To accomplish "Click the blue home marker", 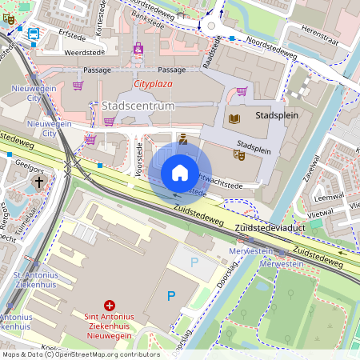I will pos(180,172).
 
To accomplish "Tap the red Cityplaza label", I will pos(154,83).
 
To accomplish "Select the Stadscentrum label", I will pos(138,106).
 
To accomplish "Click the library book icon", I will pos(234,119).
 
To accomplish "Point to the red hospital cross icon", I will pos(110,305).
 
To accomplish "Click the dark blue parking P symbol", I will pos(170,296).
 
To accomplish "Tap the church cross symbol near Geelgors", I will pos(38,182).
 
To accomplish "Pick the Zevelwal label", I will pos(310,170).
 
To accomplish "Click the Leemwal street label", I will pos(329,196).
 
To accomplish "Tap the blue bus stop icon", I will pos(34,34).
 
